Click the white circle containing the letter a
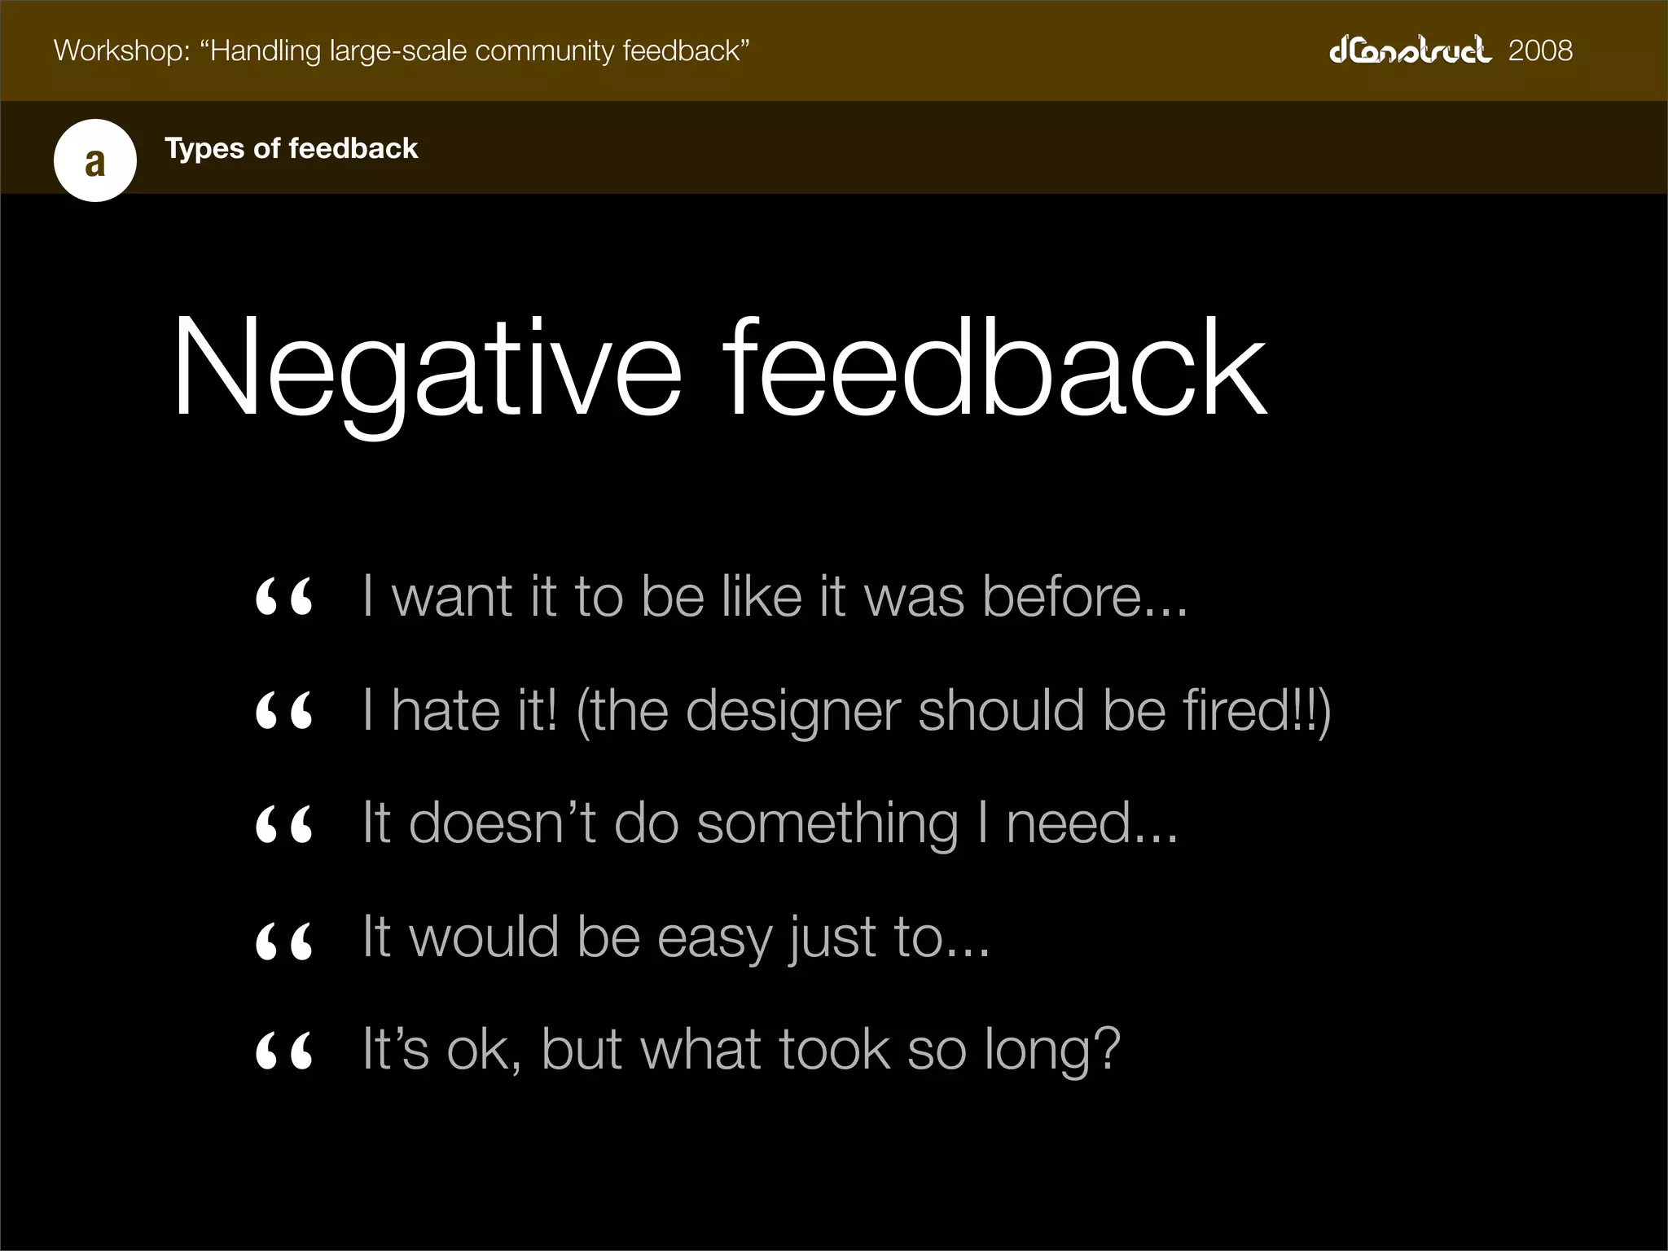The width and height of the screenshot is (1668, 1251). (x=95, y=160)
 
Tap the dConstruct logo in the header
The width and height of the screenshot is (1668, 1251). (x=1410, y=50)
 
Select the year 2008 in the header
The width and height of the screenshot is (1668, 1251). (x=1540, y=50)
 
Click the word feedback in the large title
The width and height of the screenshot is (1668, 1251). (x=994, y=371)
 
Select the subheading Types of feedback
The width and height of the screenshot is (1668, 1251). (x=291, y=148)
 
